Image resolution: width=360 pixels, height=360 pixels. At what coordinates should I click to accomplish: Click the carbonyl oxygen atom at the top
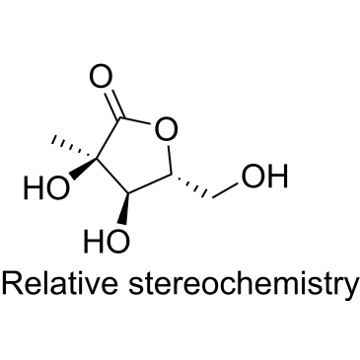(x=102, y=78)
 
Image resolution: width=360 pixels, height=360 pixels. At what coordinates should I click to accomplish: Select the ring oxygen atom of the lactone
(x=167, y=128)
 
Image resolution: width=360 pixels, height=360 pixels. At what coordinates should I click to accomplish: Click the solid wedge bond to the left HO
(x=83, y=170)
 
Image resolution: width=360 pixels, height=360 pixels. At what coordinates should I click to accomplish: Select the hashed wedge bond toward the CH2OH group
(x=192, y=185)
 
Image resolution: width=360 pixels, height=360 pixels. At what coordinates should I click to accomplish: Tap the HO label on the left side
(x=47, y=188)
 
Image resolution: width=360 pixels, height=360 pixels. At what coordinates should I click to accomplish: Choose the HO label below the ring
(x=107, y=241)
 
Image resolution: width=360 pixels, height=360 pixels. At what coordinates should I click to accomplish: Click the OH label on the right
(x=264, y=177)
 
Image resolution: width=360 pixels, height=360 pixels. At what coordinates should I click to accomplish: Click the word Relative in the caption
(x=60, y=283)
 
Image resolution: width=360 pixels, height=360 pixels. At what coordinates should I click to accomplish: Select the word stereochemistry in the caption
(x=243, y=285)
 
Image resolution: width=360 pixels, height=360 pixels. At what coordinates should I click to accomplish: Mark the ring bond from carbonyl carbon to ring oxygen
(x=136, y=121)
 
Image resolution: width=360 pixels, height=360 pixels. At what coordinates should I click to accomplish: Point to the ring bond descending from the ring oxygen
(x=171, y=160)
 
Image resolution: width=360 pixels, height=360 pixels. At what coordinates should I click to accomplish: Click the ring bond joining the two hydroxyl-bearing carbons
(x=111, y=176)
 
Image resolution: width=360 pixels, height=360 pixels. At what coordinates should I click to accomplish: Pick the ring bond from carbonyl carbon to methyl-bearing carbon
(x=108, y=138)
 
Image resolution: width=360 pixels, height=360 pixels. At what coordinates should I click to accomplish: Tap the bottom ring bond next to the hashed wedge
(x=149, y=183)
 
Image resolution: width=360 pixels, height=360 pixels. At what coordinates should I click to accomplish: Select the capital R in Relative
(x=12, y=283)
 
